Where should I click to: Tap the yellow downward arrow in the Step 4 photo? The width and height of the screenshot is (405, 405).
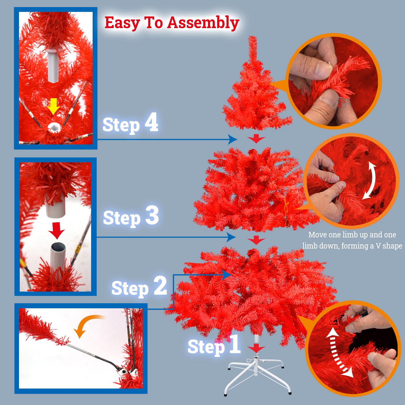tap(53, 106)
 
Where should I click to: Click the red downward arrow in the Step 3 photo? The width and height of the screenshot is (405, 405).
tap(57, 231)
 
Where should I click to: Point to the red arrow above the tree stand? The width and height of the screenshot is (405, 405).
tap(256, 348)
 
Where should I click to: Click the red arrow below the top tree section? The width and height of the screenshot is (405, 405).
tap(256, 139)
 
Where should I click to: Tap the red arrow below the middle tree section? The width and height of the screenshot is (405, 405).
tap(256, 240)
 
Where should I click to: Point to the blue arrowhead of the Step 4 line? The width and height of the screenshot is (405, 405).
tap(232, 139)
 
